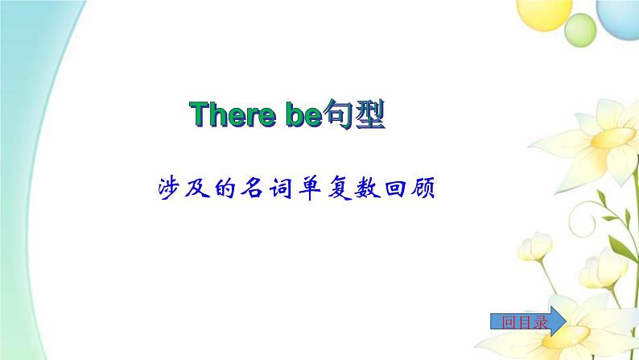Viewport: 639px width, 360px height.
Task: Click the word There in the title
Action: pyautogui.click(x=233, y=114)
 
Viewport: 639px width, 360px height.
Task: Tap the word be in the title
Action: pyautogui.click(x=304, y=114)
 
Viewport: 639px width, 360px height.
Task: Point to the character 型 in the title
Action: pyautogui.click(x=369, y=114)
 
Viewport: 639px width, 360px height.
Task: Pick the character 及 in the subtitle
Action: pyautogui.click(x=197, y=188)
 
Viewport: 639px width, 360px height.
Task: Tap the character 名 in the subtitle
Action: pyautogui.click(x=253, y=188)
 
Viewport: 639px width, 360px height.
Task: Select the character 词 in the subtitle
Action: pyautogui.click(x=281, y=188)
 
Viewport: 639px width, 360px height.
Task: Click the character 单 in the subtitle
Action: pyautogui.click(x=310, y=188)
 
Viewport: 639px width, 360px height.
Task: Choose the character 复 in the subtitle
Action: pyautogui.click(x=340, y=188)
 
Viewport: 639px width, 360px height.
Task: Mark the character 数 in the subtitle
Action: pyautogui.click(x=368, y=188)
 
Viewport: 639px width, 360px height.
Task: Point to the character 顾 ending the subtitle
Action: pyautogui.click(x=423, y=188)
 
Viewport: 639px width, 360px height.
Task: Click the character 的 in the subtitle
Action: pyautogui.click(x=225, y=188)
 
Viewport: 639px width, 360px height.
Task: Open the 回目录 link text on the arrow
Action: pyautogui.click(x=525, y=322)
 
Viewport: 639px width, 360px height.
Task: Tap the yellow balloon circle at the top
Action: pyautogui.click(x=544, y=13)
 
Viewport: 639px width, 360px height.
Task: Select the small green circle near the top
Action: pyautogui.click(x=580, y=30)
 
